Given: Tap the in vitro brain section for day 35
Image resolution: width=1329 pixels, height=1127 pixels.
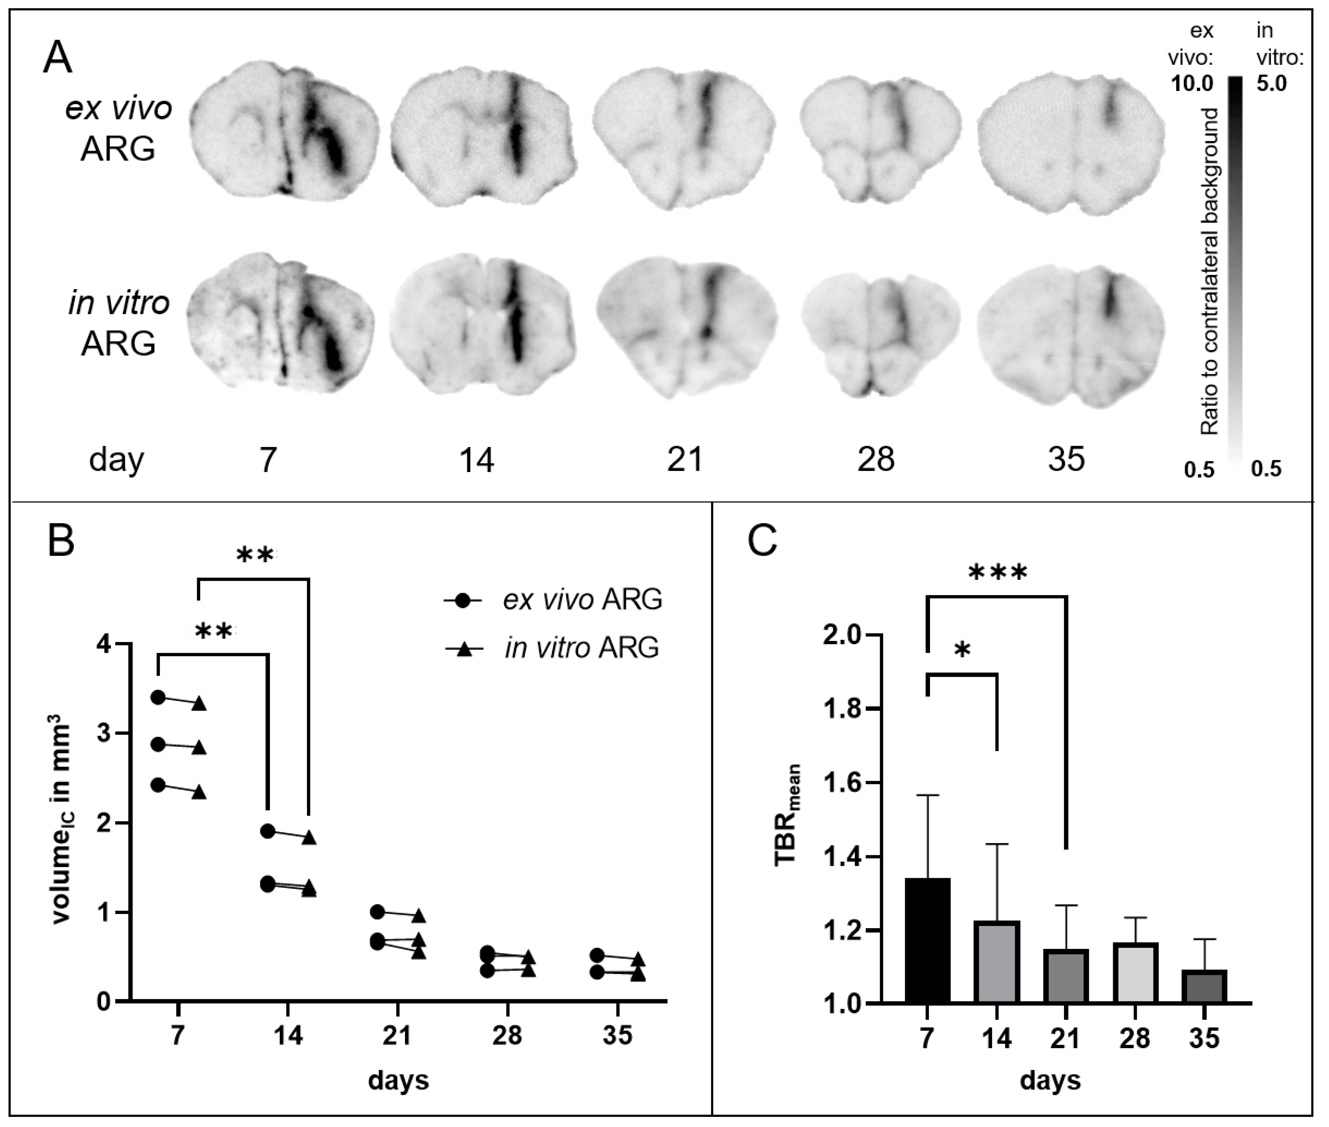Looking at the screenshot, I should [x=1070, y=332].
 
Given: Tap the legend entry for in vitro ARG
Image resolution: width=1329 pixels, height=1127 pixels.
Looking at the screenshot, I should [x=552, y=648].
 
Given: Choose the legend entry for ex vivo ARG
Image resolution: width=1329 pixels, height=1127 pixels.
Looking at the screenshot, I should [x=552, y=600].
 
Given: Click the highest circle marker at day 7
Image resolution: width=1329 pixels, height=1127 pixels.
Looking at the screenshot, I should [x=159, y=697].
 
